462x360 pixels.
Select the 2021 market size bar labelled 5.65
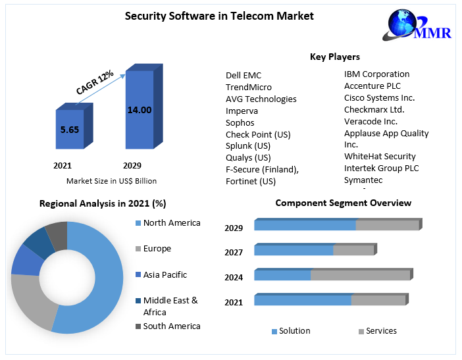(x=69, y=130)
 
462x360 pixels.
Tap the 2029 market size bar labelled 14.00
(x=139, y=110)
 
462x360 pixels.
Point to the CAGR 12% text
(x=95, y=82)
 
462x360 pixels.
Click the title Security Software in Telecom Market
(x=219, y=15)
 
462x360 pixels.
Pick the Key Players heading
(x=334, y=57)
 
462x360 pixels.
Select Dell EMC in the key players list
(x=244, y=76)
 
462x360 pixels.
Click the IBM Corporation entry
(x=376, y=74)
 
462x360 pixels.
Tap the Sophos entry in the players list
(x=240, y=123)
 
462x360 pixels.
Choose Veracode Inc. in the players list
(x=371, y=122)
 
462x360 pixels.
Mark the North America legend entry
(x=171, y=223)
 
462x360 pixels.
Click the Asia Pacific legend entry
(x=165, y=275)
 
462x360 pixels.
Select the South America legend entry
(x=171, y=326)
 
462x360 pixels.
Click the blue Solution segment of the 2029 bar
(x=305, y=226)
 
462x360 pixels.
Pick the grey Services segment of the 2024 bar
(x=360, y=275)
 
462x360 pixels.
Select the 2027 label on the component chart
(x=234, y=253)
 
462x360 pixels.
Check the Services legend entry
(x=380, y=331)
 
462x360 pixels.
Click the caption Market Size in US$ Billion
(x=111, y=181)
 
